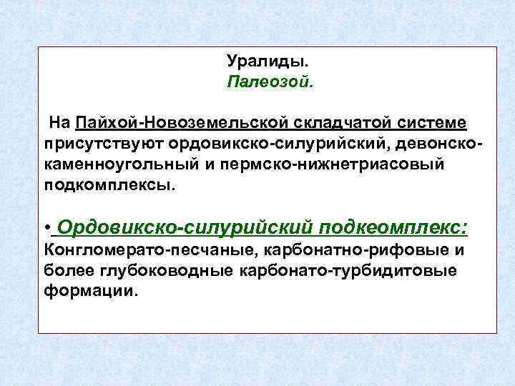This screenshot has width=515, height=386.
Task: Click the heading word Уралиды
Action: pyautogui.click(x=258, y=62)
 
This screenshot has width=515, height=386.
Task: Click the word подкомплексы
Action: pyautogui.click(x=109, y=185)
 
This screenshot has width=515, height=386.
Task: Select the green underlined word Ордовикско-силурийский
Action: pyautogui.click(x=185, y=227)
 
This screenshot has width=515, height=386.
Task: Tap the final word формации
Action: pyautogui.click(x=89, y=292)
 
